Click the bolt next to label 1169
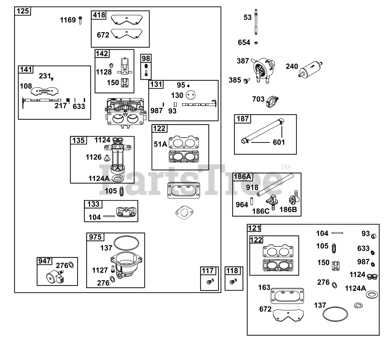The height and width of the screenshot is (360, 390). tap(80, 20)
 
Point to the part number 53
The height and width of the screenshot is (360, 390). tap(248, 17)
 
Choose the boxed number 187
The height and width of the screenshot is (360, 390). tap(243, 119)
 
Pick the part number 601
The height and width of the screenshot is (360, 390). tap(279, 142)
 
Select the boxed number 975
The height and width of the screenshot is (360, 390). tap(95, 237)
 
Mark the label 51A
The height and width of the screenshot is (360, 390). tap(160, 144)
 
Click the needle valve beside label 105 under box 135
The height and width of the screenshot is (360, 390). tap(122, 191)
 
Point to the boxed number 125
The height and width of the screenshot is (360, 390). tap(23, 11)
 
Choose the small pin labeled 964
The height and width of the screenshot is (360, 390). tap(252, 201)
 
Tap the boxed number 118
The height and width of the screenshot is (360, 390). tap(232, 271)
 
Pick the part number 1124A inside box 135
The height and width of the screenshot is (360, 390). tap(99, 178)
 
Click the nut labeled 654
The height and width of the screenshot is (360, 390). tap(256, 43)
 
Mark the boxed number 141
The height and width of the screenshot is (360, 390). tap(26, 70)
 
